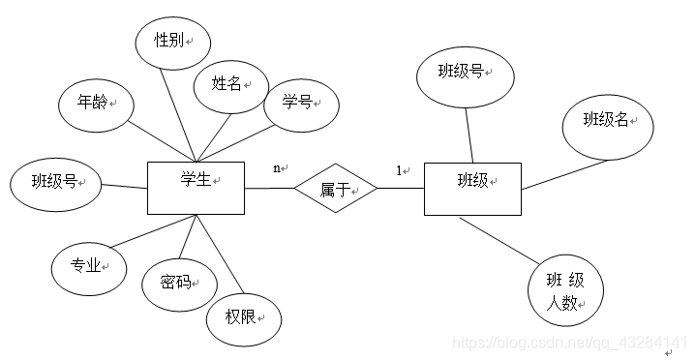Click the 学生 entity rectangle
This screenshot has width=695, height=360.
(196, 187)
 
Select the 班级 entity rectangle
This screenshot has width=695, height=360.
(472, 189)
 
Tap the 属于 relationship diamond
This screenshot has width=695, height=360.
(336, 188)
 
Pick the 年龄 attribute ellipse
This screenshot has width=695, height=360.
(95, 100)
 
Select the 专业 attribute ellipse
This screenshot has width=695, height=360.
(88, 266)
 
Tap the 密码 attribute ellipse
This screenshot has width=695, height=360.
(180, 283)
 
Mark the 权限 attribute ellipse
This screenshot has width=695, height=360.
(243, 315)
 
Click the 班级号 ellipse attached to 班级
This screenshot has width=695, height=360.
(464, 73)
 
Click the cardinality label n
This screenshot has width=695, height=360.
(277, 167)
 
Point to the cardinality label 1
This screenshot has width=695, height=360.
(398, 170)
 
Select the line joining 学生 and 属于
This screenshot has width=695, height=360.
(269, 188)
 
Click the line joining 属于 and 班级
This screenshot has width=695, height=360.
(401, 188)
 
